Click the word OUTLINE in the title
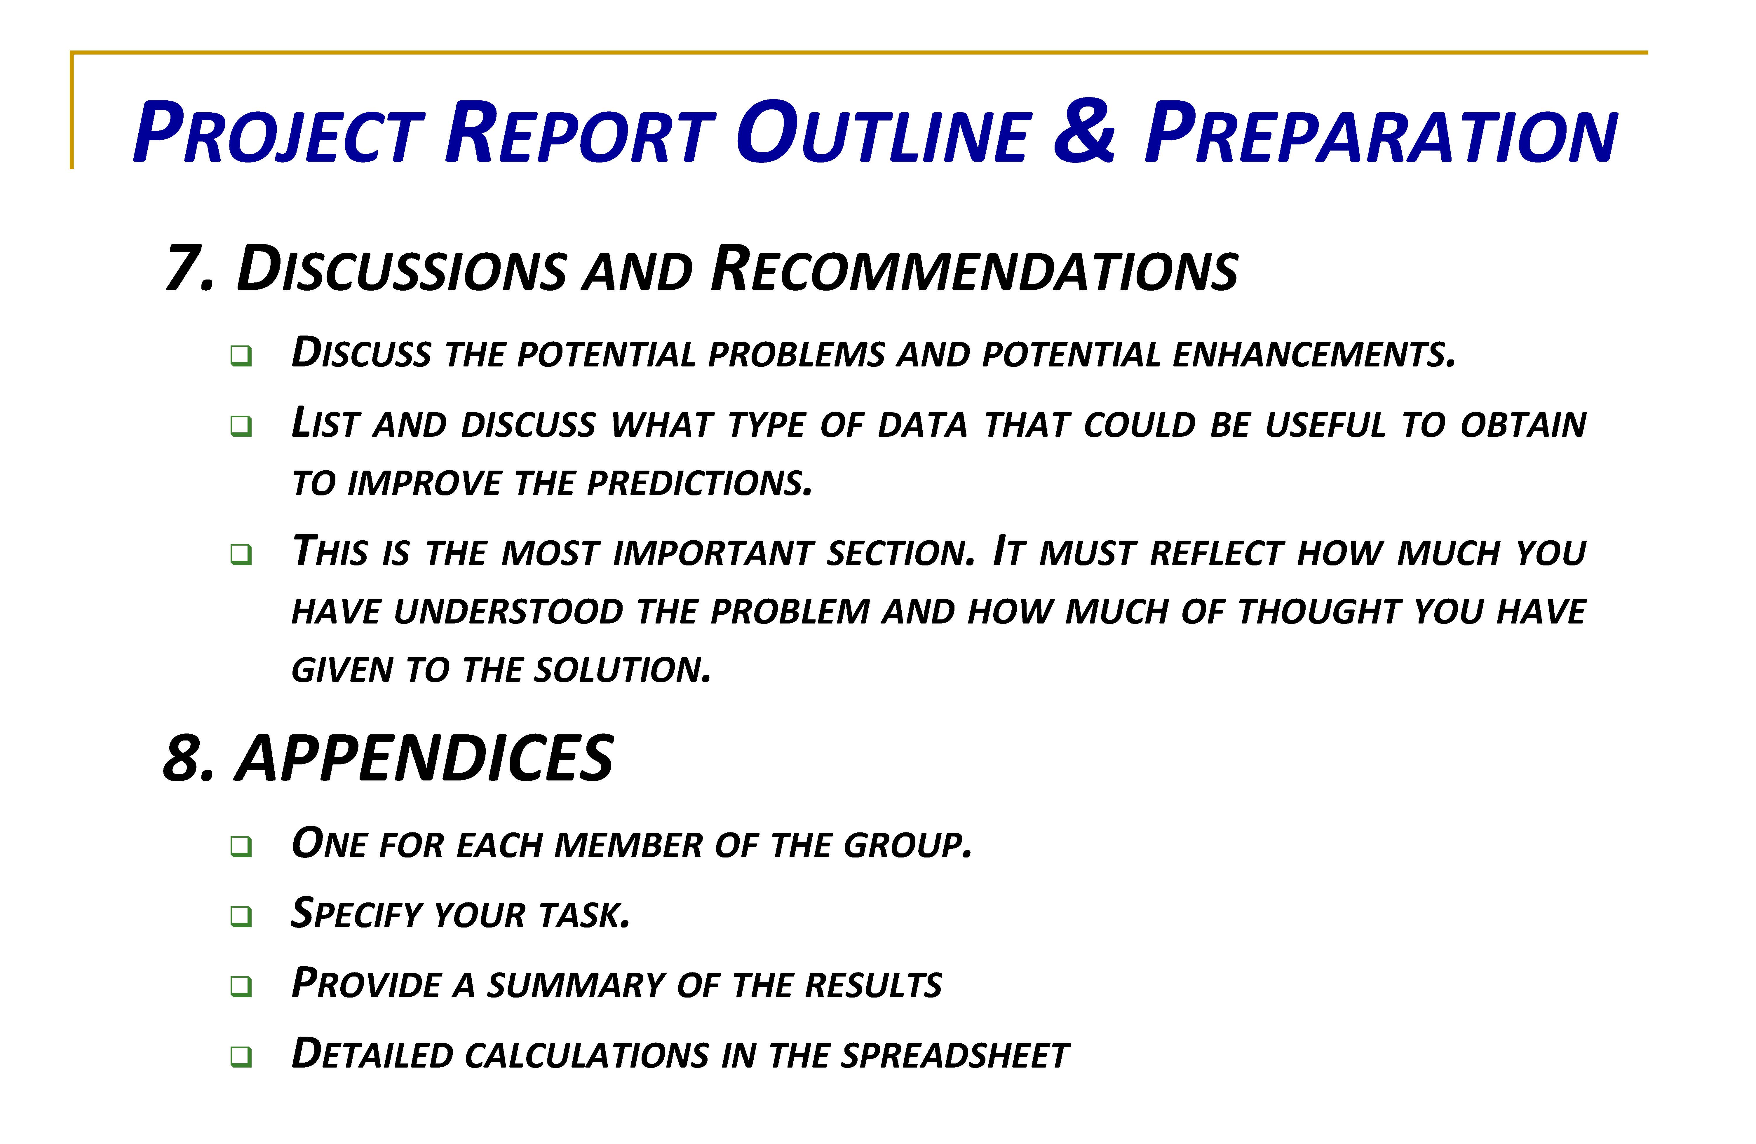[882, 133]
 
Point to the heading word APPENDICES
[424, 758]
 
